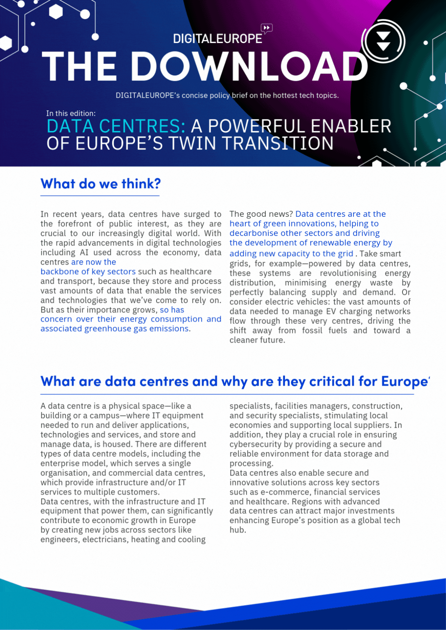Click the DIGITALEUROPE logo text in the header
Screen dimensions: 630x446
pyautogui.click(x=217, y=39)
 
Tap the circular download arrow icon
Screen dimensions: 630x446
pyautogui.click(x=383, y=41)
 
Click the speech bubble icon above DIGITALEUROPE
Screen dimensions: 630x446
pyautogui.click(x=266, y=28)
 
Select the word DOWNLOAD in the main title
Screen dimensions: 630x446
pyautogui.click(x=249, y=67)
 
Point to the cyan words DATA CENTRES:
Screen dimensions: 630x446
pyautogui.click(x=116, y=126)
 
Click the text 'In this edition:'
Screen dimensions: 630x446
pyautogui.click(x=71, y=113)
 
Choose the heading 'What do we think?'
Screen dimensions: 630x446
pyautogui.click(x=100, y=184)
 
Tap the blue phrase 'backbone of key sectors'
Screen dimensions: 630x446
pyautogui.click(x=88, y=271)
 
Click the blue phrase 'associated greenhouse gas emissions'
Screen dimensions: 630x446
pyautogui.click(x=114, y=329)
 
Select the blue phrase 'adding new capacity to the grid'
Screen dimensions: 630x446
pyautogui.click(x=291, y=253)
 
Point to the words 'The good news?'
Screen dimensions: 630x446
pyautogui.click(x=261, y=214)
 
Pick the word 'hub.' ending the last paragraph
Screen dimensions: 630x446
pyautogui.click(x=238, y=530)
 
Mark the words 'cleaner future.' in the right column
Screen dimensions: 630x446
pyautogui.click(x=257, y=340)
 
